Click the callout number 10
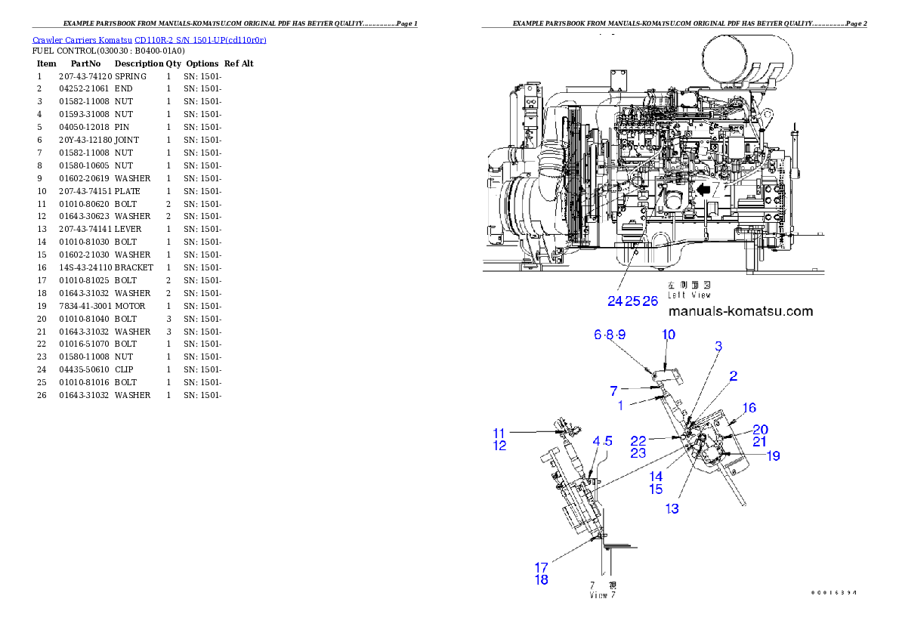tap(669, 334)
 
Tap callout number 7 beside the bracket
tap(614, 390)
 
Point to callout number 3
tap(718, 346)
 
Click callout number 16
tap(749, 408)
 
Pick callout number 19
tap(772, 455)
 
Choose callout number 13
tap(672, 508)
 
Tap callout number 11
tap(499, 433)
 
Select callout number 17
tap(541, 567)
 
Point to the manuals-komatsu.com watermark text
tap(740, 311)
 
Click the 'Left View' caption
tap(688, 291)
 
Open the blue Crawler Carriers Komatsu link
tap(149, 39)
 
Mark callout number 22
tap(638, 440)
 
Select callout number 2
tap(733, 375)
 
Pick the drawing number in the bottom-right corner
tap(834, 593)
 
